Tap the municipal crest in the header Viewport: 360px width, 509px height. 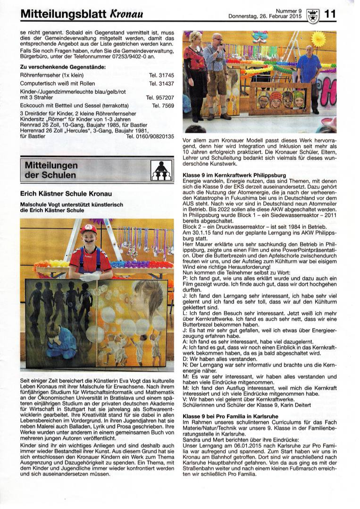click(312, 15)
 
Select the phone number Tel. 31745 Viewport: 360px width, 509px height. click(161, 75)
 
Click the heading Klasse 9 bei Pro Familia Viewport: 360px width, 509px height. click(226, 417)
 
